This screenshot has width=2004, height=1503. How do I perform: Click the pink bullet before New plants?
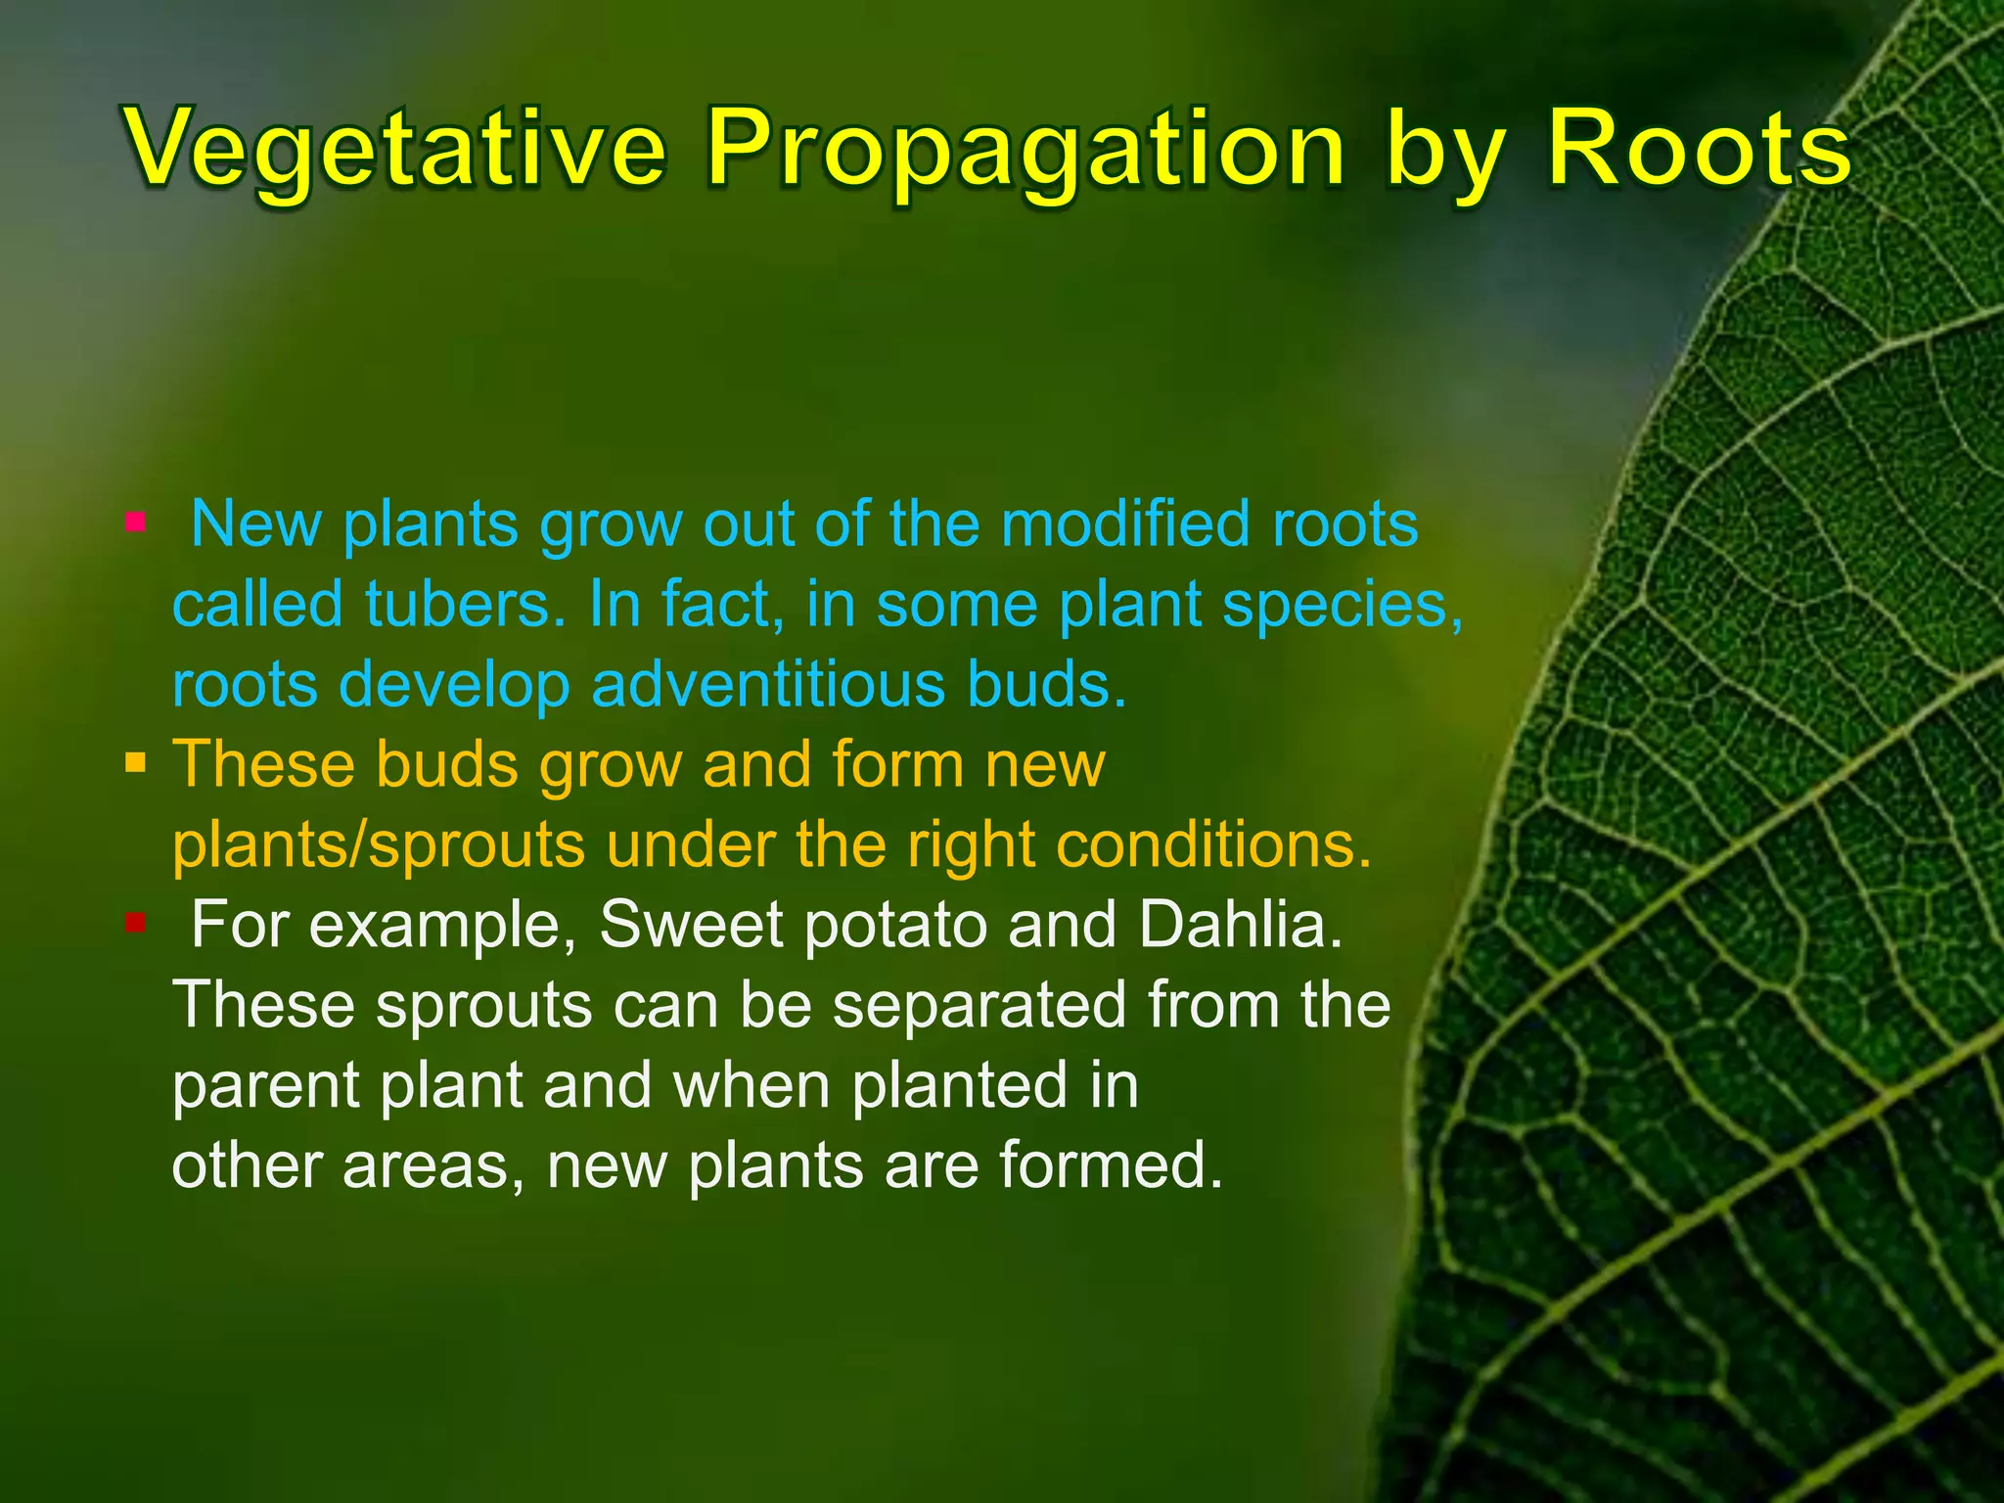pyautogui.click(x=135, y=522)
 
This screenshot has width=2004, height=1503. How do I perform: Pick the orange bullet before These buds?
pyautogui.click(x=135, y=761)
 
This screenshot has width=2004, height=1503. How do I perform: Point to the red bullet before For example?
pyautogui.click(x=135, y=922)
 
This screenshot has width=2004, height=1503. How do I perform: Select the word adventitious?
pyautogui.click(x=768, y=683)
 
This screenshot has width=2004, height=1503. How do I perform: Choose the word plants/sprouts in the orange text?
pyautogui.click(x=379, y=844)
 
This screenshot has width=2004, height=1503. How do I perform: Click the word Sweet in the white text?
pyautogui.click(x=691, y=924)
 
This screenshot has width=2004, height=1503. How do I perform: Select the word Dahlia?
pyautogui.click(x=1241, y=924)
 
